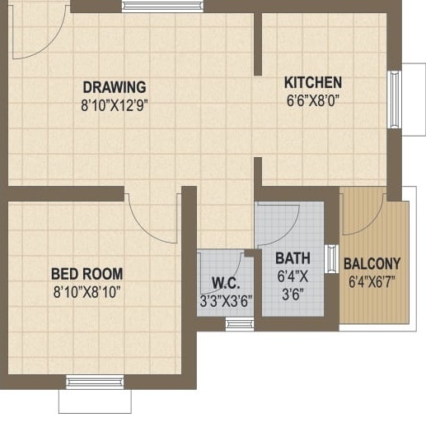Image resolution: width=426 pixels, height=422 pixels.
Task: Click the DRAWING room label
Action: pyautogui.click(x=114, y=86)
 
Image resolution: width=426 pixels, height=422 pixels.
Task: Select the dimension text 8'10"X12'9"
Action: pyautogui.click(x=114, y=104)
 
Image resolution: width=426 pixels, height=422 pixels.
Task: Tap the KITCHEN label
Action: pyautogui.click(x=312, y=82)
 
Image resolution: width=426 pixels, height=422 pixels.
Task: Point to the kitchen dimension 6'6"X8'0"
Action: pyautogui.click(x=312, y=100)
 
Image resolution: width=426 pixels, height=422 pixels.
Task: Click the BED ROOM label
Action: pyautogui.click(x=87, y=273)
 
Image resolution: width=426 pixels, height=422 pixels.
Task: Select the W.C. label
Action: pyautogui.click(x=225, y=283)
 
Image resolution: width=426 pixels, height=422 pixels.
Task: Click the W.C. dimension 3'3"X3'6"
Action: pyautogui.click(x=225, y=301)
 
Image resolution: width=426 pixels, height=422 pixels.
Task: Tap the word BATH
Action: pyautogui.click(x=293, y=258)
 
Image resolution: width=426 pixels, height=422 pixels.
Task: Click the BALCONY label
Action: pyautogui.click(x=372, y=264)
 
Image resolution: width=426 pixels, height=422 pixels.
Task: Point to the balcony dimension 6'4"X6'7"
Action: pyautogui.click(x=372, y=282)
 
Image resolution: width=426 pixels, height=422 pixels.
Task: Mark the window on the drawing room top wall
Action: pyautogui.click(x=162, y=7)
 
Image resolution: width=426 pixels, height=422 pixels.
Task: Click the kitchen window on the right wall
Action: pyautogui.click(x=394, y=100)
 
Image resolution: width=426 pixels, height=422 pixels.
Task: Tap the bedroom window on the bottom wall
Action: pyautogui.click(x=95, y=382)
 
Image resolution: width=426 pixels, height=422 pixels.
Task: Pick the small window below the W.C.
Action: pyautogui.click(x=240, y=324)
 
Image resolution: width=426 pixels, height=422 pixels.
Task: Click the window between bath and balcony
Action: pyautogui.click(x=332, y=258)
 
